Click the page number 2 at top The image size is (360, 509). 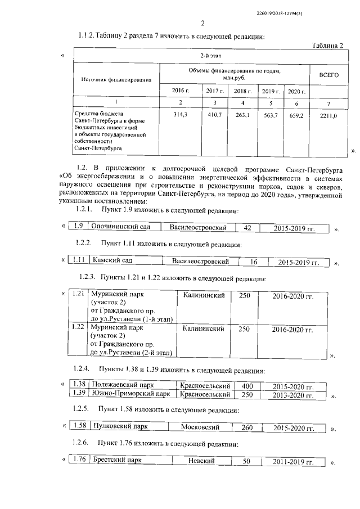click(202, 23)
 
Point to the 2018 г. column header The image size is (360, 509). click(242, 91)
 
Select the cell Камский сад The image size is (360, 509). click(112, 262)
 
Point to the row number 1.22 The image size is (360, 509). click(79, 327)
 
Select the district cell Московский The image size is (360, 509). click(200, 427)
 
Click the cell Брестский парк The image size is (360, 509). click(118, 461)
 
